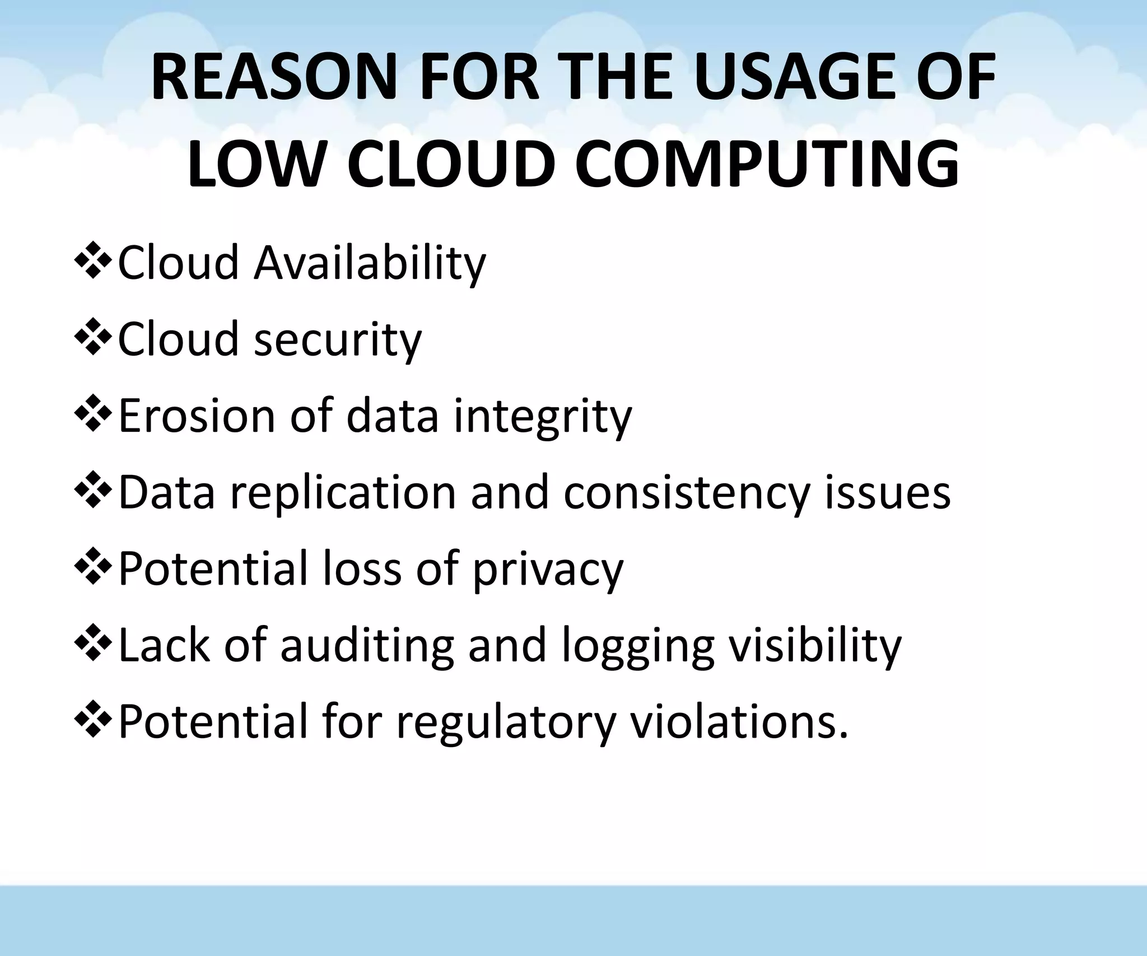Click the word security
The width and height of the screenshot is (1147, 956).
[338, 341]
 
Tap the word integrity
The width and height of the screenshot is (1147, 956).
[543, 417]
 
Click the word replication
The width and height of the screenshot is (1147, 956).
[343, 493]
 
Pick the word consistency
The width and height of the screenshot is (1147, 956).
[687, 493]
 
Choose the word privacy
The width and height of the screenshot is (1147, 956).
[548, 570]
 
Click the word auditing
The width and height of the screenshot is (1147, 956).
[367, 646]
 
